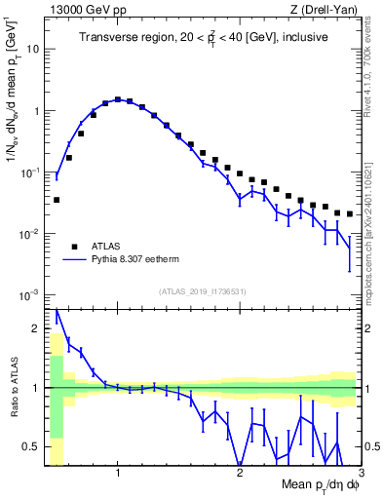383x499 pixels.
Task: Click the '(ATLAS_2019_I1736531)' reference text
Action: coord(203,290)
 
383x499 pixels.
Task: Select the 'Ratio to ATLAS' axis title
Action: coord(13,388)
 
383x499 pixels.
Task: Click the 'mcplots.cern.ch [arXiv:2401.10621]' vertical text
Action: coord(374,224)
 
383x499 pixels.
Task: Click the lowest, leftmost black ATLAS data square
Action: coord(57,200)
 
